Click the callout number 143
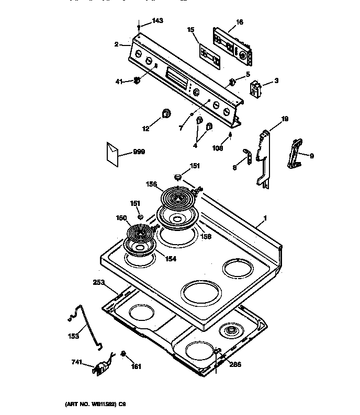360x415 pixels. pos(157,21)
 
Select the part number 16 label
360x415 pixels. pos(239,22)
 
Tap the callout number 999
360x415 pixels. pos(139,152)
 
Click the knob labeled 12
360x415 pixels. pos(166,114)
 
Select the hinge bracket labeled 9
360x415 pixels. pos(296,154)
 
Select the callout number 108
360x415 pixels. pos(218,148)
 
